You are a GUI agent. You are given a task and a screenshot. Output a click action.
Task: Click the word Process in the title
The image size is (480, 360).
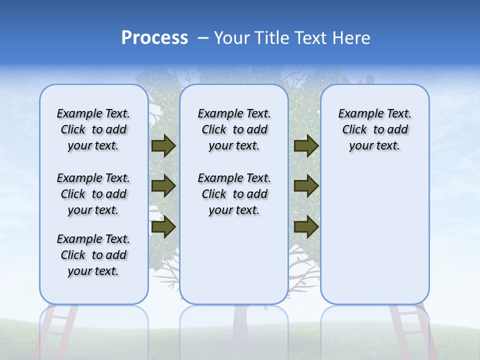point(154,38)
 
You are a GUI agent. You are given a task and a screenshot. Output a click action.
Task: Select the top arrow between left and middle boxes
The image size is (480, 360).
point(163,145)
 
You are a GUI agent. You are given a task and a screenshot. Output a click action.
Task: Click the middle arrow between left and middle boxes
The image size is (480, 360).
point(163,186)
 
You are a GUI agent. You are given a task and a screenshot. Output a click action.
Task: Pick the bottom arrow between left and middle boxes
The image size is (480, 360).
point(163,227)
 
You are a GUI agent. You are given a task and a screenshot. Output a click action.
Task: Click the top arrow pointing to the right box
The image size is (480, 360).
point(306,145)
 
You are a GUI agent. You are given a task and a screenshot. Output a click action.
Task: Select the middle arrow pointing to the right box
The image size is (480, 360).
point(306,186)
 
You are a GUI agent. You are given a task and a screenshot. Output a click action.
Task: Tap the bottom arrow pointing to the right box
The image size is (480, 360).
point(306,227)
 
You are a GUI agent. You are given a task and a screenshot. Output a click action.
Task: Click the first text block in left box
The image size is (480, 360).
point(93,129)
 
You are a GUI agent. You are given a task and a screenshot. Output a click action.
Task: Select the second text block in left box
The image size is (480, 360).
point(93,194)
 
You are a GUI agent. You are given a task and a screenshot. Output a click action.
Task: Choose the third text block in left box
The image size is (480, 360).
point(93,255)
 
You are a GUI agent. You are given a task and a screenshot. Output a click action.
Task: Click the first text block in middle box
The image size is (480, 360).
point(234,129)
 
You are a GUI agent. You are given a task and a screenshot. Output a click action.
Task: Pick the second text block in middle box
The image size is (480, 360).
point(234,194)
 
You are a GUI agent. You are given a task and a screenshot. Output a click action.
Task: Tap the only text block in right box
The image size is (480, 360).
point(374,129)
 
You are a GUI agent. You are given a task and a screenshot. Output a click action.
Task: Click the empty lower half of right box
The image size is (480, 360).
point(374,240)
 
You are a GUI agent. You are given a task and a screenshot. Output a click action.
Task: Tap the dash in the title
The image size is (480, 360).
point(203,38)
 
